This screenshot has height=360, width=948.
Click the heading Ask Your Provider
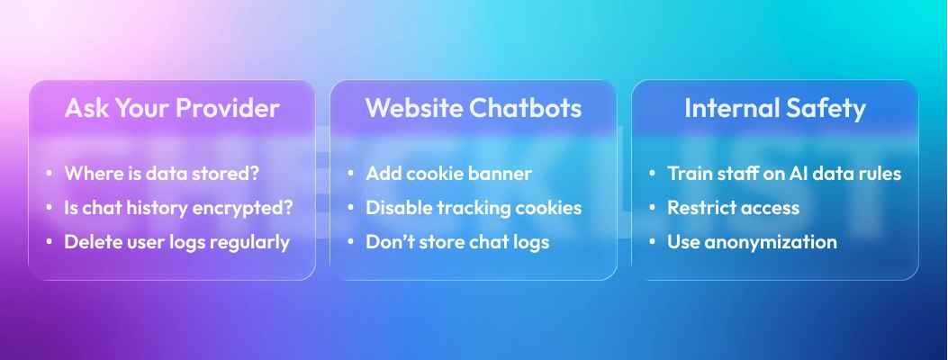click(172, 109)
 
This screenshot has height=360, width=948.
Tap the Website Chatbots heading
click(473, 109)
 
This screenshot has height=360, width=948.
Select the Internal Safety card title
click(774, 109)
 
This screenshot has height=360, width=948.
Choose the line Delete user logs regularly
click(176, 242)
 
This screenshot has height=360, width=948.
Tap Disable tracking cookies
click(474, 208)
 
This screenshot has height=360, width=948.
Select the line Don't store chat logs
click(457, 242)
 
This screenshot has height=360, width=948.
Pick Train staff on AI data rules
click(783, 174)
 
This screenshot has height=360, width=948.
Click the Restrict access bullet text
click(733, 208)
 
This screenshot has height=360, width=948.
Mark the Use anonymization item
click(752, 242)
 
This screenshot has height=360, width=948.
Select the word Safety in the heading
click(827, 109)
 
